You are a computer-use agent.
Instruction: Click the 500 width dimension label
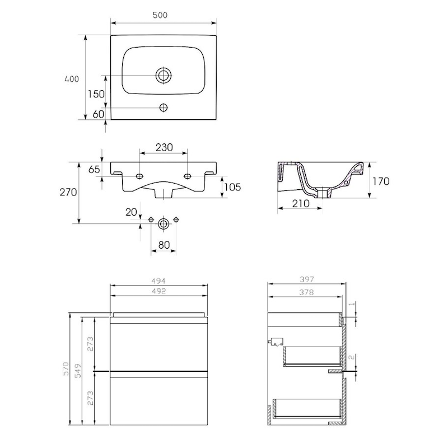click(x=160, y=15)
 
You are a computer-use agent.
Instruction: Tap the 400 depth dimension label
click(x=72, y=79)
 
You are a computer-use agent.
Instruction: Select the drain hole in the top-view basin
click(x=164, y=76)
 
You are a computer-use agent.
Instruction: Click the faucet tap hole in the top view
click(x=164, y=108)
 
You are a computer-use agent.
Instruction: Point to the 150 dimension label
click(x=96, y=94)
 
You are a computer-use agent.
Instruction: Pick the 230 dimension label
click(x=164, y=147)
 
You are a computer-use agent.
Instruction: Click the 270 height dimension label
click(x=68, y=192)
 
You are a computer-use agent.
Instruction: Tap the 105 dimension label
click(x=232, y=187)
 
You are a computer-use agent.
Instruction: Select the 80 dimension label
click(x=164, y=245)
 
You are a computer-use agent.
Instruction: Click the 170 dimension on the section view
click(x=381, y=181)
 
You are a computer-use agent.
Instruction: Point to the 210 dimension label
click(x=301, y=203)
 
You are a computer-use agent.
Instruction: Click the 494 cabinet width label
click(x=158, y=281)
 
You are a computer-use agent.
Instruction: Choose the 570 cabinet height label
click(x=66, y=368)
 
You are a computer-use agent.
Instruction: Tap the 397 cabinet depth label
click(x=307, y=279)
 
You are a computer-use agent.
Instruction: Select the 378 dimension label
click(x=306, y=292)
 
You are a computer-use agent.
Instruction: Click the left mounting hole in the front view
click(x=139, y=176)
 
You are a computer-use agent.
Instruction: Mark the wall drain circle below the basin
click(x=163, y=223)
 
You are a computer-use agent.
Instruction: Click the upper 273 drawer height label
click(x=90, y=344)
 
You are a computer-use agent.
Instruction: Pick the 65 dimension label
click(x=94, y=170)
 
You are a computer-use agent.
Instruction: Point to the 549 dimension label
click(x=78, y=371)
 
